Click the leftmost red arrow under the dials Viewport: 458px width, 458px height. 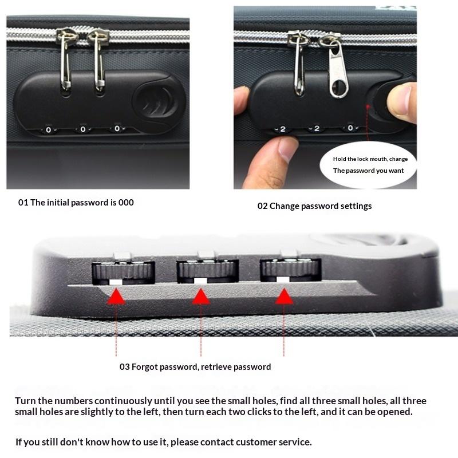tap(116, 296)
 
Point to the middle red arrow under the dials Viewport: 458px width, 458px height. tap(200, 296)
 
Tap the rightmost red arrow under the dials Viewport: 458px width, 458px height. tap(284, 296)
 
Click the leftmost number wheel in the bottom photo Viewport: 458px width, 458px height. tap(124, 271)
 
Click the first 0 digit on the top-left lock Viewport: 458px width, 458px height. tap(48, 130)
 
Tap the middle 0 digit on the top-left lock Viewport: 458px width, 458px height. tap(82, 129)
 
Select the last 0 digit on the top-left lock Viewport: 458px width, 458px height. tap(117, 129)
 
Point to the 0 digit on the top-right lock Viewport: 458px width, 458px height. tap(350, 128)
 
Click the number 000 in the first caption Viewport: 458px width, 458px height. tap(125, 202)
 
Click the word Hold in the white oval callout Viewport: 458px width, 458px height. tap(341, 159)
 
